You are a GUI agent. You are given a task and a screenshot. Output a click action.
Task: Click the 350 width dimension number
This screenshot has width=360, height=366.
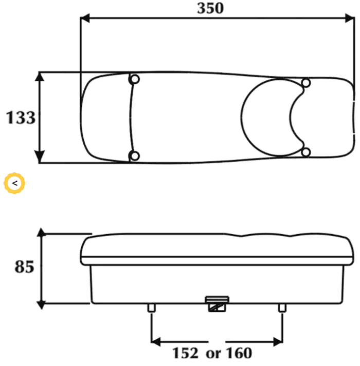pos(210,8)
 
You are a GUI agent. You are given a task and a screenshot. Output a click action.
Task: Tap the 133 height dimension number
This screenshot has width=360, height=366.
pos(21,117)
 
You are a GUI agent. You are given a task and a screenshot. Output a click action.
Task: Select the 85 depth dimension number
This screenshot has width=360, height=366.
pos(24,267)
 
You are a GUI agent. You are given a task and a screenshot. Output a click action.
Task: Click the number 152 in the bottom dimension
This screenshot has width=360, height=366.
pos(185,353)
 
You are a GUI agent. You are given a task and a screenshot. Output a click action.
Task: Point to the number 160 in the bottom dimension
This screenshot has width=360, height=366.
pos(239,353)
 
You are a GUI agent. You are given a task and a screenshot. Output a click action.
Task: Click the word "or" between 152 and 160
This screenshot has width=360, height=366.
pos(212,354)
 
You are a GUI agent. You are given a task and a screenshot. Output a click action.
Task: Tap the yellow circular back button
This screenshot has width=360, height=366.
pos(14,183)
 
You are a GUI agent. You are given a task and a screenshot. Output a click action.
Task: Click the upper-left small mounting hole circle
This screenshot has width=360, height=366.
pos(135,79)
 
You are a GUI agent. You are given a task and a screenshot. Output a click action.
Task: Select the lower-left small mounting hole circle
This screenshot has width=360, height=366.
pos(135,156)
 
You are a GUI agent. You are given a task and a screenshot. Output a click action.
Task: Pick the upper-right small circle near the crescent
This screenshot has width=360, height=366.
pos(306,83)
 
